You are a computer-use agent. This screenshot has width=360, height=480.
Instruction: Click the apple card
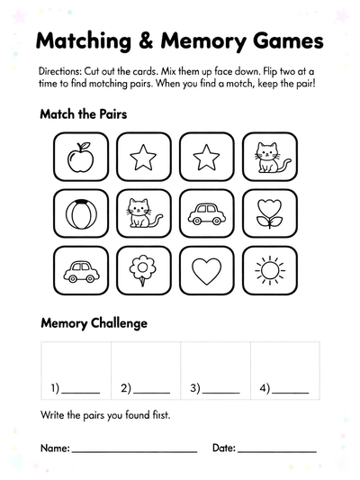(81, 158)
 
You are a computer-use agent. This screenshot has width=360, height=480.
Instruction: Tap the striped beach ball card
(81, 213)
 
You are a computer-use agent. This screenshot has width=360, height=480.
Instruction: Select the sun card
(268, 268)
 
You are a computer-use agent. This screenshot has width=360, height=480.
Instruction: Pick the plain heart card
(206, 268)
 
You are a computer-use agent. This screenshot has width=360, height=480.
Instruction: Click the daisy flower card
(143, 268)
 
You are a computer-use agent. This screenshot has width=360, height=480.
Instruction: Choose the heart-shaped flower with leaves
(268, 213)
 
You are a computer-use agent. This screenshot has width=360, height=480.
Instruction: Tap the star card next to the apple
(143, 158)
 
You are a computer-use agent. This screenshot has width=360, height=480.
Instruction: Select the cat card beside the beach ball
(143, 213)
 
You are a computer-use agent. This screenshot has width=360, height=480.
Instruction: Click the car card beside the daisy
(81, 268)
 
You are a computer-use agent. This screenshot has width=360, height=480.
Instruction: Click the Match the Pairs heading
(83, 115)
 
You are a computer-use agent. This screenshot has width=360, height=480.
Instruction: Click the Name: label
(54, 448)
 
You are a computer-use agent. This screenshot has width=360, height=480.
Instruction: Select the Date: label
(224, 448)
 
